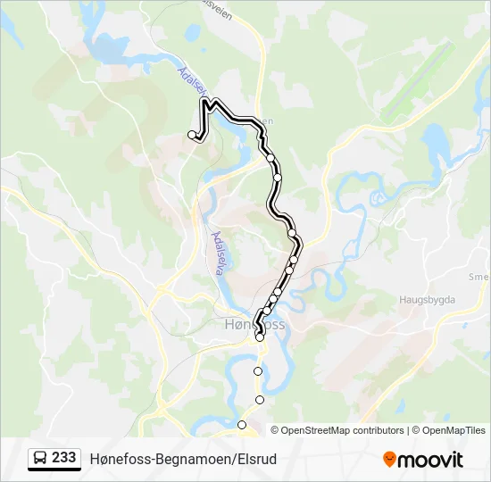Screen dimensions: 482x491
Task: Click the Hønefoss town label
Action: [x=252, y=324]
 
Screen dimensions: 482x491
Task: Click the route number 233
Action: [x=63, y=458]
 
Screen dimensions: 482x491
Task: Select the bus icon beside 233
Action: [x=40, y=459]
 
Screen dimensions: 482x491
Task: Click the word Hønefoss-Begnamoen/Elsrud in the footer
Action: [x=183, y=459]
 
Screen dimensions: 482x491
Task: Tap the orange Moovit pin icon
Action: [x=389, y=460]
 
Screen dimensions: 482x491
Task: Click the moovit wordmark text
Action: [x=431, y=460]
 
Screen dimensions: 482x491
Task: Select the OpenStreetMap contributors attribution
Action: [x=342, y=430]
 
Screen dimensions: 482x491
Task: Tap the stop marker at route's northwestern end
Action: [x=192, y=135]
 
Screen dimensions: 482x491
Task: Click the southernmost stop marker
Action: [x=241, y=424]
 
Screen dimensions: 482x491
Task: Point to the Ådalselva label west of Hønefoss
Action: [x=221, y=252]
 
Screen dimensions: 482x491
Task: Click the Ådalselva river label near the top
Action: [x=191, y=87]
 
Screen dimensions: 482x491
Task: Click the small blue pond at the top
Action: [x=192, y=32]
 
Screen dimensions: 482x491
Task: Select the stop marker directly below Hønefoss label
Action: [x=260, y=337]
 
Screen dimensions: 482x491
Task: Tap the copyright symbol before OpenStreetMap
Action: [x=275, y=430]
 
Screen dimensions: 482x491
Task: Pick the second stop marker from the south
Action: [x=260, y=400]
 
